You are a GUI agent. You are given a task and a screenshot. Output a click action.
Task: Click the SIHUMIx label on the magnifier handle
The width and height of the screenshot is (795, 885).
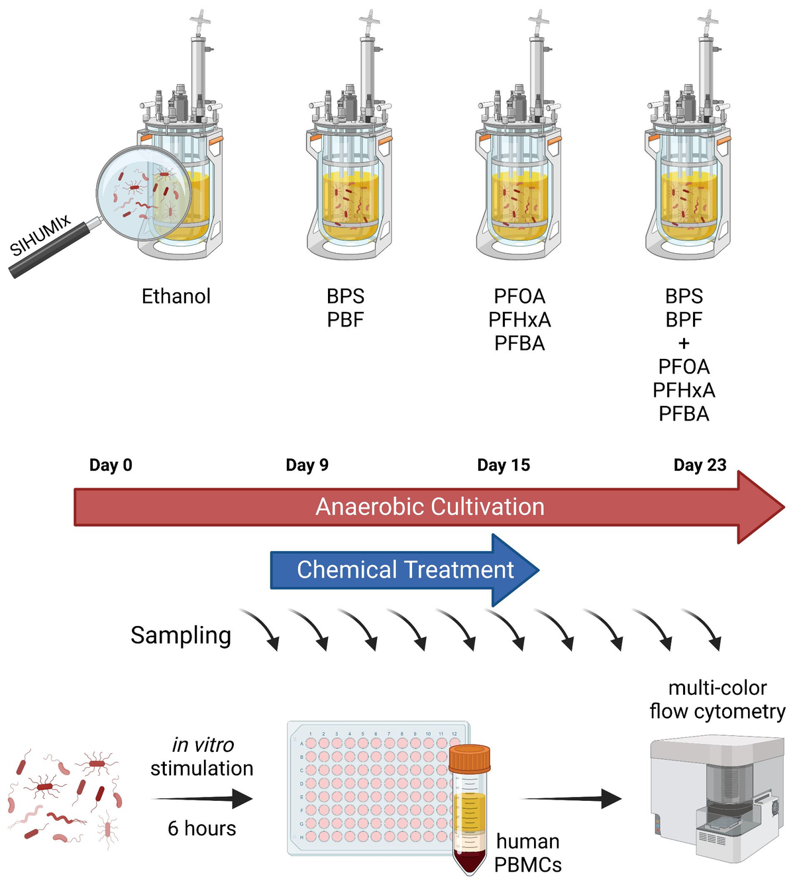coord(41,236)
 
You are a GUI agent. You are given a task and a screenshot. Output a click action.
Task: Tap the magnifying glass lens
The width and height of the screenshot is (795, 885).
coord(143,192)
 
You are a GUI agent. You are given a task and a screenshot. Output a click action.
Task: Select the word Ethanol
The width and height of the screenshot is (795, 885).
coord(176,296)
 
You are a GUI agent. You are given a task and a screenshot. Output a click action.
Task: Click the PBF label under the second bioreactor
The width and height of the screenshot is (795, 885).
coord(345,320)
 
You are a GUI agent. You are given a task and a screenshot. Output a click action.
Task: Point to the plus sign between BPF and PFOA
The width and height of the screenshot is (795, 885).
coord(684,343)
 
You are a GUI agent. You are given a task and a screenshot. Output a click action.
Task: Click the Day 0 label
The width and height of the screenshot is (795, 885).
coord(111,465)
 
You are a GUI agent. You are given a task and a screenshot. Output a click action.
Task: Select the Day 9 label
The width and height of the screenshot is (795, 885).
coord(307,465)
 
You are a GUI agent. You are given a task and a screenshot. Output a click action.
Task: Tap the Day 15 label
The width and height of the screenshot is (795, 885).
coord(503,465)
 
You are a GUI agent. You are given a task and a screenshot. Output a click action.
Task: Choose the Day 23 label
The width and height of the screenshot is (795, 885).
coord(700,465)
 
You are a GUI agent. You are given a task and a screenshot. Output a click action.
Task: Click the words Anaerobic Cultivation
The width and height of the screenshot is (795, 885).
coord(429,507)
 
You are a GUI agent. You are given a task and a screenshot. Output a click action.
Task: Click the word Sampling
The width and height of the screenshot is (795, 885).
coord(181,635)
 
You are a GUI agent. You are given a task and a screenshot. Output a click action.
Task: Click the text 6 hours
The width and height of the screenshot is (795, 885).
coord(202,829)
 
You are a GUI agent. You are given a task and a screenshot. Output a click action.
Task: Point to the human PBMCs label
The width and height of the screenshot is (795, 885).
coord(528,853)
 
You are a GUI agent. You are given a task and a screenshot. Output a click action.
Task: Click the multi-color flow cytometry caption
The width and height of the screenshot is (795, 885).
coord(717,700)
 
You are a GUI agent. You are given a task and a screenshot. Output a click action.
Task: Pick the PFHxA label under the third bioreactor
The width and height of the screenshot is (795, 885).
coord(519,320)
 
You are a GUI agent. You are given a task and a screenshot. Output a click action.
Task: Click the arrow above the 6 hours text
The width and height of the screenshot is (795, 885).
coord(202,799)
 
